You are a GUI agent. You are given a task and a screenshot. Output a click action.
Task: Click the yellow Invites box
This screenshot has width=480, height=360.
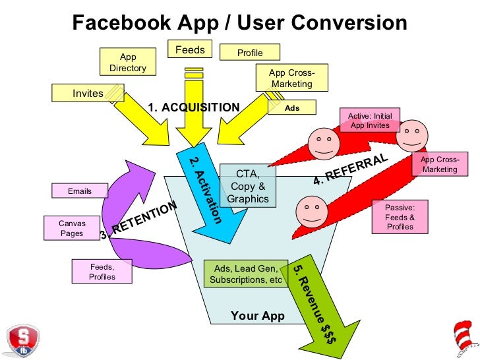tap(88, 93)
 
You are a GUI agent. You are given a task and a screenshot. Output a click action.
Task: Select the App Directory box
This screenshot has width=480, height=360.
tap(127, 63)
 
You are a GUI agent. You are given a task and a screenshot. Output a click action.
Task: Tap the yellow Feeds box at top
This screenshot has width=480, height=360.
tap(190, 49)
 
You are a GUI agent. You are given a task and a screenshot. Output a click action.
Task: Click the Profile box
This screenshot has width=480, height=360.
tap(249, 53)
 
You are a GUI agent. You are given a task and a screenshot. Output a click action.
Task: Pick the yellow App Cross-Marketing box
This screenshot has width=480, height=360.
tap(291, 78)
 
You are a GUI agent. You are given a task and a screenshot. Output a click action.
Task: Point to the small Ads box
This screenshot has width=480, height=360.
tap(291, 107)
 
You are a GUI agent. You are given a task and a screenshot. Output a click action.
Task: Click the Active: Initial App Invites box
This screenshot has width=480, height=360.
tap(371, 121)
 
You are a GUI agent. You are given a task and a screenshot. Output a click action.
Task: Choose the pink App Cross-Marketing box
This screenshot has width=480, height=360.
tap(439, 164)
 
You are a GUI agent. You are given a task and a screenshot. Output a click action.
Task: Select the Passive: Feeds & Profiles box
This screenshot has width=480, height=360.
tap(400, 217)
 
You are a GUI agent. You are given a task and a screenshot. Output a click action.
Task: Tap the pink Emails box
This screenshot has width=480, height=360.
tap(80, 191)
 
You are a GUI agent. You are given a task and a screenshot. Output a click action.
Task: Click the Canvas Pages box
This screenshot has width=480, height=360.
tap(72, 227)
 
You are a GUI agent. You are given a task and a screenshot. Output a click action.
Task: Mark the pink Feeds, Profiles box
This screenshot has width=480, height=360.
tap(102, 272)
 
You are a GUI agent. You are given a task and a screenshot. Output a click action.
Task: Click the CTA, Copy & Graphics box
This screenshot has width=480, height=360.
tap(247, 186)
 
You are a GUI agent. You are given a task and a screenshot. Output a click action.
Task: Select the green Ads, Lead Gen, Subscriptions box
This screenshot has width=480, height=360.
tap(246, 274)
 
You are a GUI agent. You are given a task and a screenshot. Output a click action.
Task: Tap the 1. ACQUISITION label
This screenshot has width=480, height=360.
tap(193, 107)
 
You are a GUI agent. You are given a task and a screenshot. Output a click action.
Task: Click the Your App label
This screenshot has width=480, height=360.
tap(258, 316)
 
